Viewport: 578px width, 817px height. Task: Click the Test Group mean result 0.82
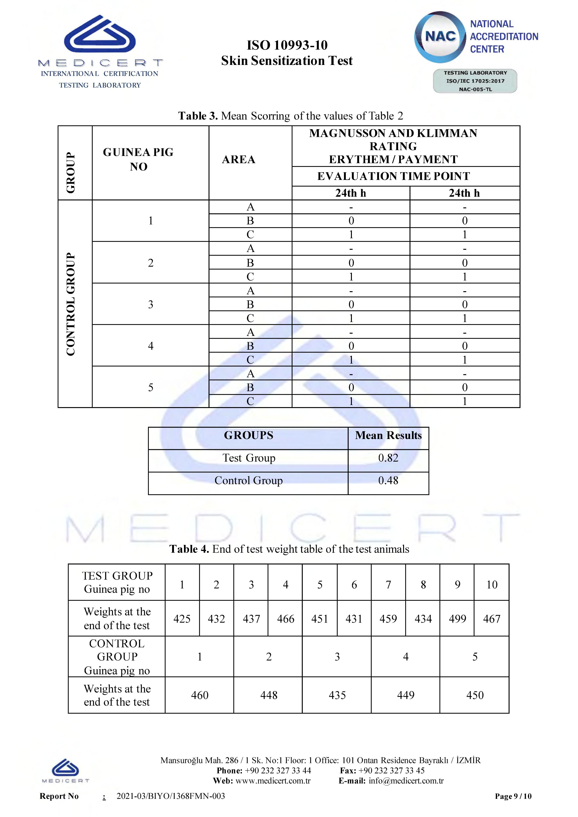pos(388,458)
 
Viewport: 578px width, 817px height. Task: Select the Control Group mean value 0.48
pos(388,481)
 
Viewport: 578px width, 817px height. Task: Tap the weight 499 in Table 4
pos(457,619)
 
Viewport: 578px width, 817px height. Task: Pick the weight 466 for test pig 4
pos(286,619)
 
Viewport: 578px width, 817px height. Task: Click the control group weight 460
pos(200,695)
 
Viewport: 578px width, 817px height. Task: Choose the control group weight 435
pos(337,695)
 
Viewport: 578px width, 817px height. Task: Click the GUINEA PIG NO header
pos(139,159)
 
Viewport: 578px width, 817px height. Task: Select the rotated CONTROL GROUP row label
pos(71,304)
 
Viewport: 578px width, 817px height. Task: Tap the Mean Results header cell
pos(388,435)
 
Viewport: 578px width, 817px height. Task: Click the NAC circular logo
pos(440,37)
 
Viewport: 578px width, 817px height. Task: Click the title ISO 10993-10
pos(287,45)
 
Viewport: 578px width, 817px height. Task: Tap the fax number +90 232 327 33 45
pos(391,770)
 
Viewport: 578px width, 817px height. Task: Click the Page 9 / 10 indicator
pos(513,796)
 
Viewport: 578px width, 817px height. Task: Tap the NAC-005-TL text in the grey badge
pos(475,89)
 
